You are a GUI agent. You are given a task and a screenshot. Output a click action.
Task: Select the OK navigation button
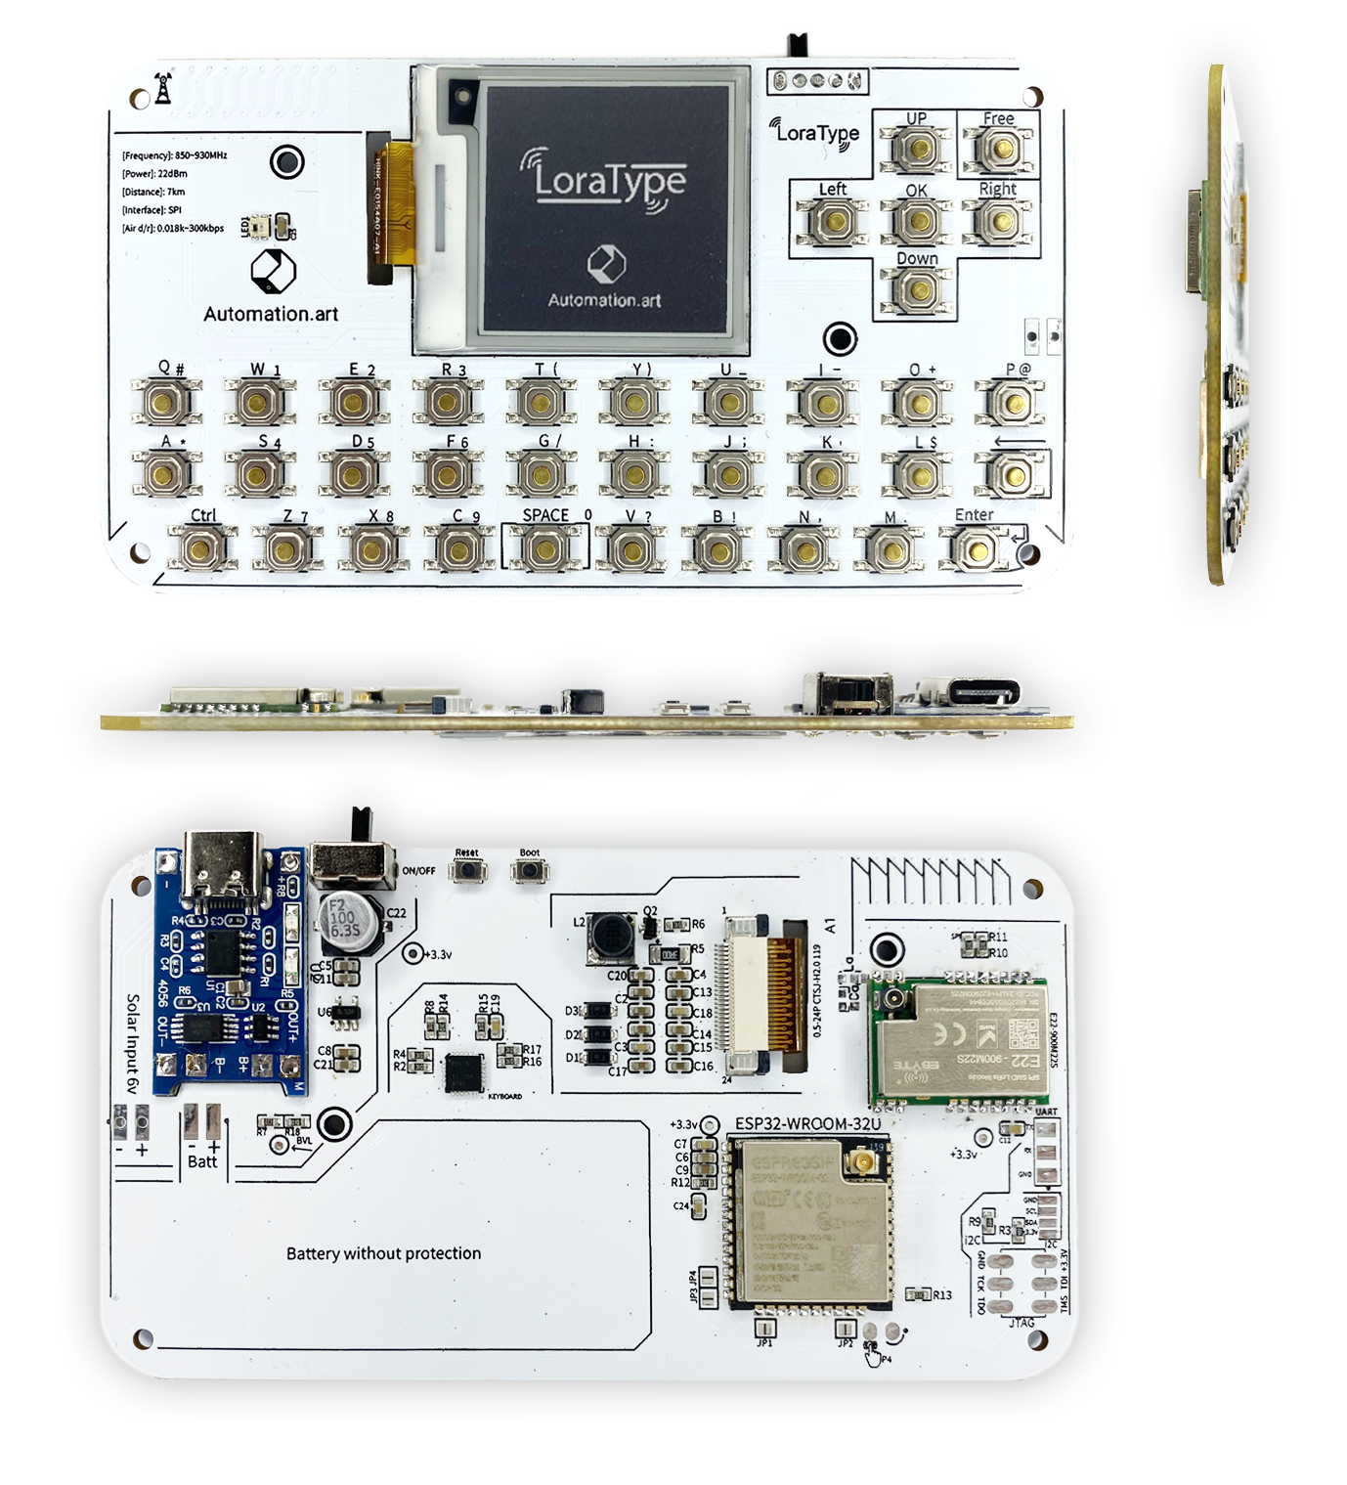pos(917,221)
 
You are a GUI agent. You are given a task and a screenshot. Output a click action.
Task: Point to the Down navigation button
pos(917,289)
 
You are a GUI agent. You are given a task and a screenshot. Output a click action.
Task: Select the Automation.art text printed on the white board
pos(271,314)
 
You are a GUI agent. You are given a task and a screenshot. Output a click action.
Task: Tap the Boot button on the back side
pos(529,870)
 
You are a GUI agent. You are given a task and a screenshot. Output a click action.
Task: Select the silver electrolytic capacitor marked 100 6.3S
pos(342,919)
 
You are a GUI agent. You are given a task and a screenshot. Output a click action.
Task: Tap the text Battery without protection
pos(383,1253)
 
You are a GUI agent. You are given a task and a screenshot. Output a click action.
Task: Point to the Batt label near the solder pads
pos(202,1161)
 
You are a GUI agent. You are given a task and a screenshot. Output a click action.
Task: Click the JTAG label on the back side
pos(1021,1323)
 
